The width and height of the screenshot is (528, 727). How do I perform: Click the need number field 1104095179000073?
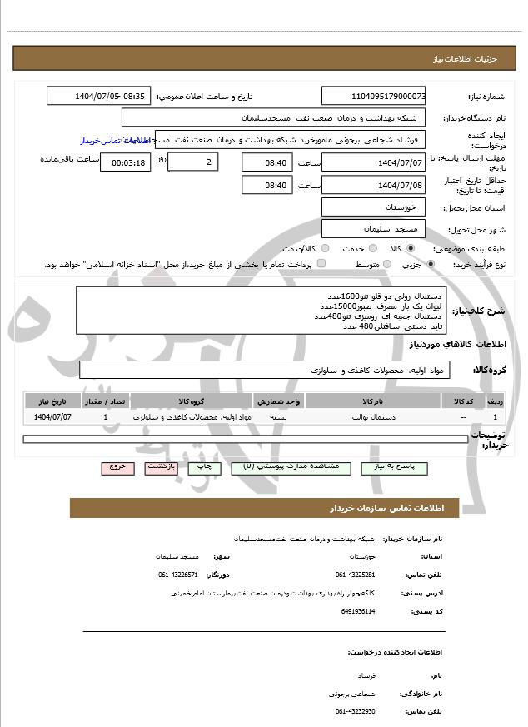coord(373,96)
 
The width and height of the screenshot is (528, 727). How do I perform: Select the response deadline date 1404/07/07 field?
coord(373,162)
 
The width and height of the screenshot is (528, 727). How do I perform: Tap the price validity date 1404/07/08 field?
coord(373,185)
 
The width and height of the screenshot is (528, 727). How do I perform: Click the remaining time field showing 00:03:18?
coord(126,162)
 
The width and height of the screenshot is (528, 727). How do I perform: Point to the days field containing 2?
coord(194,162)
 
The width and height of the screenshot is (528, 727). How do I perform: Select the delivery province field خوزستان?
coord(373,207)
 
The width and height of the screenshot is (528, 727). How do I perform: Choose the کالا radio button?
coord(411,248)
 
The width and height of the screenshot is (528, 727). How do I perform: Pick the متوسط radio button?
coord(386,264)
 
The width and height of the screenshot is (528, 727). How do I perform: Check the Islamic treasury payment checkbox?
coord(321,264)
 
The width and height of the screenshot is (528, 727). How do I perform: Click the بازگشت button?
coord(162,468)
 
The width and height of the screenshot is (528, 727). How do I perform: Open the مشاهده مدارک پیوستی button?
coord(291,468)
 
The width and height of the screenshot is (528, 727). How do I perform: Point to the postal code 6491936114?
coord(358,611)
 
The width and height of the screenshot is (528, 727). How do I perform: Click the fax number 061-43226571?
coord(178,575)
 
